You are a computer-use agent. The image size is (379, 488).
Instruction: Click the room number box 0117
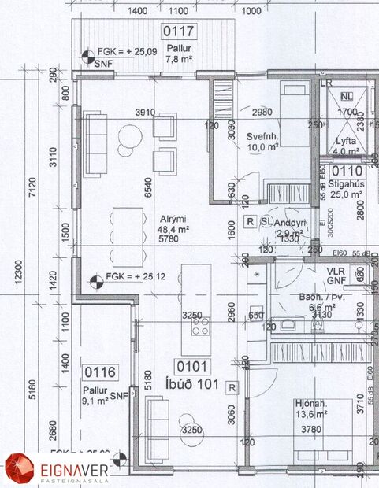178,32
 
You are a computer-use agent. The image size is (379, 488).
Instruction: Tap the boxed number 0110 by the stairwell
347,171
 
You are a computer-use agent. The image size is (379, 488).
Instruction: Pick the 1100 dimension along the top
178,12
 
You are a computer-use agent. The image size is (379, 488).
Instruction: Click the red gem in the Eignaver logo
20,468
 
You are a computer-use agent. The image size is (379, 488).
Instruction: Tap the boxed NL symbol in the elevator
347,98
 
